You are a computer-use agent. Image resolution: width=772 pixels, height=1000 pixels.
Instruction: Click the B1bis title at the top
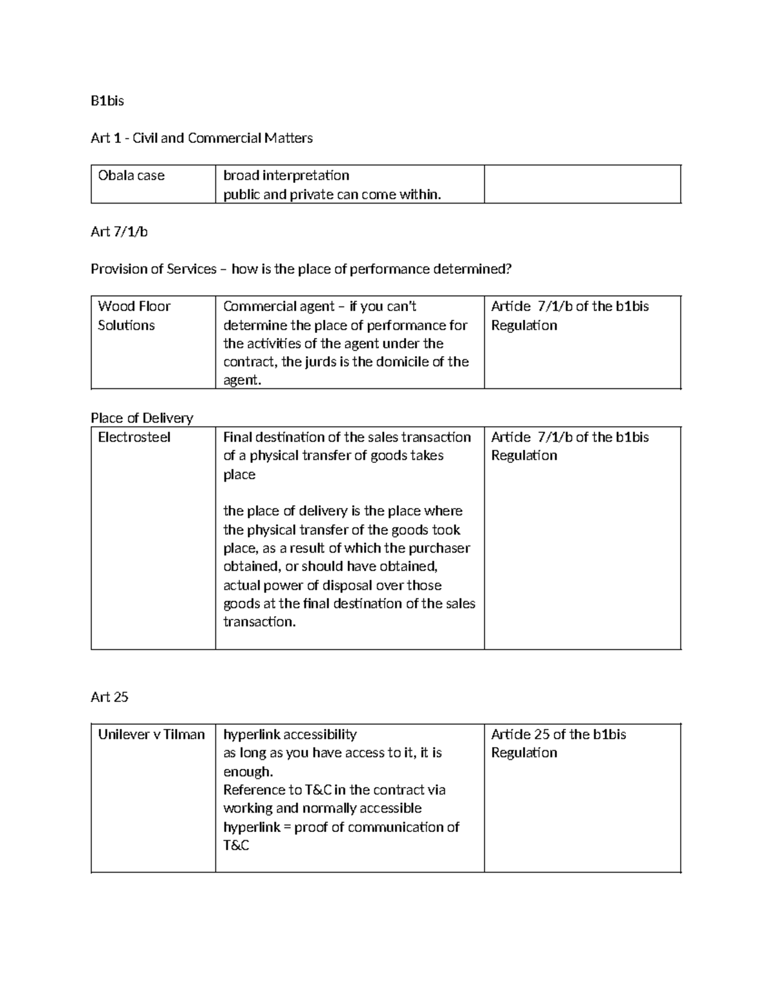pyautogui.click(x=107, y=101)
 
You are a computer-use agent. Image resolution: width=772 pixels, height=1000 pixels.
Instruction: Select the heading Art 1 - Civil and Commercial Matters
pyautogui.click(x=201, y=138)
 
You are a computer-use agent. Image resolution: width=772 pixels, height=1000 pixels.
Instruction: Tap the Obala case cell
pyautogui.click(x=131, y=176)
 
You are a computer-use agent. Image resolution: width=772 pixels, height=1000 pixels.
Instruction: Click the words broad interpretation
pyautogui.click(x=286, y=176)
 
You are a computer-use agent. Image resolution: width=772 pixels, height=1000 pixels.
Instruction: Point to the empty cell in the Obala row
pyautogui.click(x=582, y=184)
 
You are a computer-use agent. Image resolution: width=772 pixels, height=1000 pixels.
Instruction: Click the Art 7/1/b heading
pyautogui.click(x=119, y=232)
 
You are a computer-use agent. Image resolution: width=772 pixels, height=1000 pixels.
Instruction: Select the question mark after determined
pyautogui.click(x=509, y=269)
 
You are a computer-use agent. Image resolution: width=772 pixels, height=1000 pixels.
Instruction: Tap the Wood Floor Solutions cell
pyautogui.click(x=134, y=316)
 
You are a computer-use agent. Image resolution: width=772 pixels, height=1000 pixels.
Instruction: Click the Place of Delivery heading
pyautogui.click(x=142, y=418)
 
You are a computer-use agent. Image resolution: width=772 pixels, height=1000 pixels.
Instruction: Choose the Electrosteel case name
pyautogui.click(x=134, y=437)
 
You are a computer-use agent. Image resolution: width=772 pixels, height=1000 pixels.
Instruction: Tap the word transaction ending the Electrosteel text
pyautogui.click(x=259, y=622)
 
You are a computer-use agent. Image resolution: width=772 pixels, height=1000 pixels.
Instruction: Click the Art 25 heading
pyautogui.click(x=109, y=697)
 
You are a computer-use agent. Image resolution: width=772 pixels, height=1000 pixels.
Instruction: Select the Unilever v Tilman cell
pyautogui.click(x=151, y=735)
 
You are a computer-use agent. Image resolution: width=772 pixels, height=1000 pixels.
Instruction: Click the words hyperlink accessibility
pyautogui.click(x=289, y=735)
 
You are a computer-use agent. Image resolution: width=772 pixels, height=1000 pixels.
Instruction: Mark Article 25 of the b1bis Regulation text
pyautogui.click(x=558, y=743)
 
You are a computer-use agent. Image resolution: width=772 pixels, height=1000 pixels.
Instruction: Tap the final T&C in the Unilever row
pyautogui.click(x=235, y=845)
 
